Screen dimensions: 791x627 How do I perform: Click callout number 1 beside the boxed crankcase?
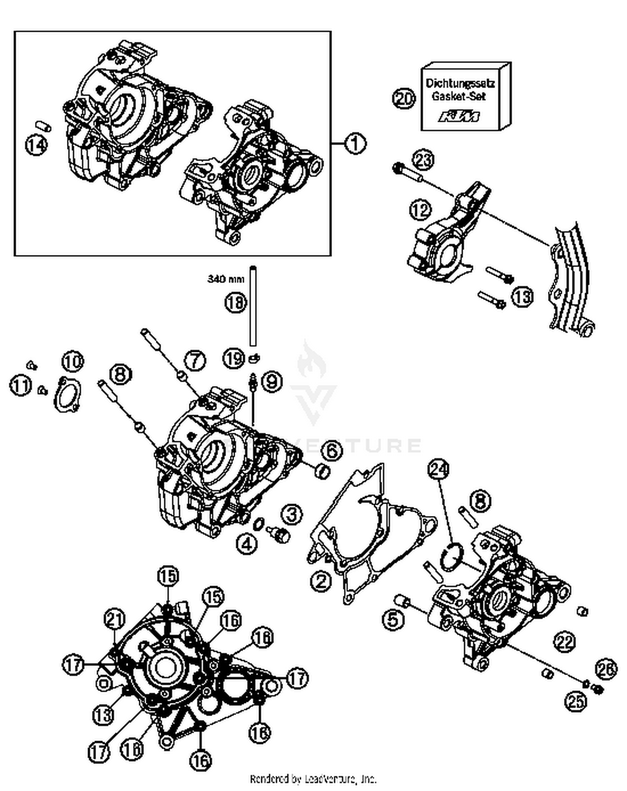[355, 144]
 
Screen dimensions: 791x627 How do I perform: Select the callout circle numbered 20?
[404, 99]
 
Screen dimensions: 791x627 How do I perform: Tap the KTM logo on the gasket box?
[459, 117]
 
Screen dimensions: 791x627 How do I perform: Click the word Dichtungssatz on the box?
[460, 83]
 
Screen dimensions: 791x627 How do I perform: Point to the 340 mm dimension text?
[226, 279]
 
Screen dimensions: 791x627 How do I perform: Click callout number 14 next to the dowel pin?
[36, 145]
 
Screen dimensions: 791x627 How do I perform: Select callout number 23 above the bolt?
[423, 160]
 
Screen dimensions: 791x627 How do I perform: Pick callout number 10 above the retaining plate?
[73, 361]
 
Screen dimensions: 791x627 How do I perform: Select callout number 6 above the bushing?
[331, 450]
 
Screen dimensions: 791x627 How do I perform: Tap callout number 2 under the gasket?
[321, 581]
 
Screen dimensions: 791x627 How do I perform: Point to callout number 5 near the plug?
[394, 619]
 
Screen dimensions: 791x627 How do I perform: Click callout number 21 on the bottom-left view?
[115, 619]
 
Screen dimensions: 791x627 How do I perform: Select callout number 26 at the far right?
[606, 669]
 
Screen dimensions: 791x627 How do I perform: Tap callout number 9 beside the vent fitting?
[272, 382]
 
